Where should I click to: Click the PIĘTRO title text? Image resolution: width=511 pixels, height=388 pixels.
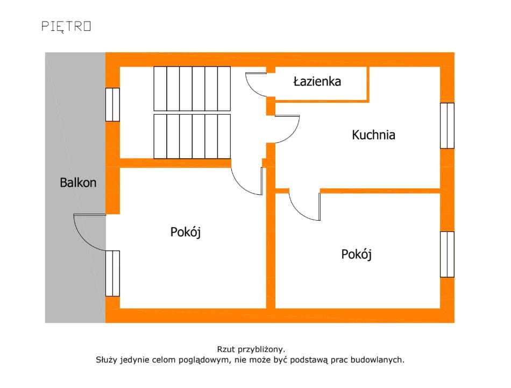pos(66,26)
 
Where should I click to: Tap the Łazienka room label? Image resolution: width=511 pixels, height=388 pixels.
pos(317,82)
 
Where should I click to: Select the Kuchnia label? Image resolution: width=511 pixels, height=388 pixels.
pos(373,135)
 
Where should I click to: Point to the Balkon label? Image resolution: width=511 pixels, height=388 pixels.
pos(78,182)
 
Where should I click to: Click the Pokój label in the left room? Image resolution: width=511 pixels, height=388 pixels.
pos(186,232)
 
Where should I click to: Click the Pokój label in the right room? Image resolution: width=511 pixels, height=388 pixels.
pos(357,254)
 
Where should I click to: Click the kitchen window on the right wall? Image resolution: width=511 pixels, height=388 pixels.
pos(447,125)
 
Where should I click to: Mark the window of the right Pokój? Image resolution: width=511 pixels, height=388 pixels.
pos(447,254)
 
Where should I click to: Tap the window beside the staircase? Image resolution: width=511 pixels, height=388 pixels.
pos(112,104)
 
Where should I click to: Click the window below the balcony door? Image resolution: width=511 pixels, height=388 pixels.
pos(112,273)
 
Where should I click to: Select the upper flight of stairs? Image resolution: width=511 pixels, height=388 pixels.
pos(192,88)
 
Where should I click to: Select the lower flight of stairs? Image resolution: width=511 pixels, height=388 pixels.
pos(192,136)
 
